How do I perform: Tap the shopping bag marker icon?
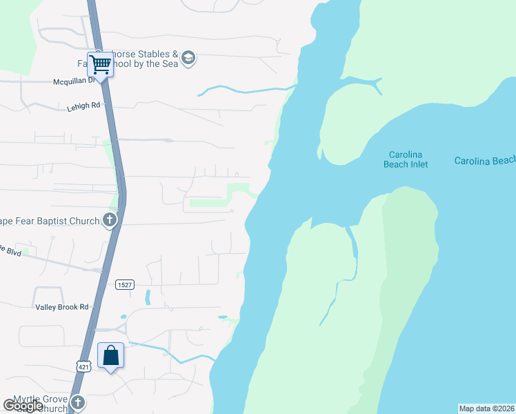pos(111,356)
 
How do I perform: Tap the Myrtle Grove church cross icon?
pos(78,403)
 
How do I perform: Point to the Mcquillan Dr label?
pos(77,81)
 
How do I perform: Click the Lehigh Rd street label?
pos(84,107)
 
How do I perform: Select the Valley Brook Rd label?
pos(61,307)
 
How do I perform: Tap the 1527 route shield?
pos(125,284)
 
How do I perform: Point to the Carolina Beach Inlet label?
pos(406,159)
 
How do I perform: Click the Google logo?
pos(23,406)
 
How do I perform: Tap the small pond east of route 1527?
pos(148,297)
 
